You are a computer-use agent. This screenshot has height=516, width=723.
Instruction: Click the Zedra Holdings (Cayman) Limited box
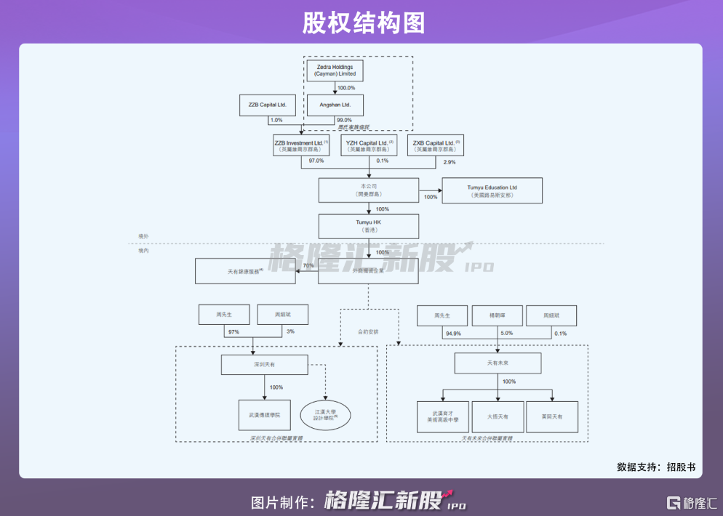coord(335,70)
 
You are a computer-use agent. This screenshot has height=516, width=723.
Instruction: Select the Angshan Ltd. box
coord(335,105)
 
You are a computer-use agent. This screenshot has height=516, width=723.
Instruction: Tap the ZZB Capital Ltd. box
coord(267,105)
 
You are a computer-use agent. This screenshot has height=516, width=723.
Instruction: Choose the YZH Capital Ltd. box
coord(370,145)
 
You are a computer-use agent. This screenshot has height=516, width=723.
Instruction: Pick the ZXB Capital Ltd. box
coord(436,145)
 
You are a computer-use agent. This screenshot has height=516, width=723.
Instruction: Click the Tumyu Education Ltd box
coord(492,191)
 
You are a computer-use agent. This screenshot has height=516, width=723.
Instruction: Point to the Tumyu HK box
coord(369,225)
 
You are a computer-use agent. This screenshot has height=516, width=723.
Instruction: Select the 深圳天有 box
coord(265,365)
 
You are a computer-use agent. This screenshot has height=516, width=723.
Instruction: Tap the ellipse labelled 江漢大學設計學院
coord(326,415)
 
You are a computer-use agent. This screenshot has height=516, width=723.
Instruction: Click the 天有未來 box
coord(498,363)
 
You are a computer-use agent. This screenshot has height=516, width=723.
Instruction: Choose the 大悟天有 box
coord(498,416)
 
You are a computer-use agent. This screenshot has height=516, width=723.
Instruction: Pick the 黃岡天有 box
coord(552,416)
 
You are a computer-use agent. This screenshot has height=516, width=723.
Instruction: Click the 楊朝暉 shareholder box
coord(498,315)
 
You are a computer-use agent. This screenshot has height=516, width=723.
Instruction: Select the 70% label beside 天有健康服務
coord(308,266)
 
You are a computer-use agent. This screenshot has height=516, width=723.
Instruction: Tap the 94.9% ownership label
coord(452,334)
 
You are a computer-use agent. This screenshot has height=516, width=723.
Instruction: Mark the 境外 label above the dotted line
coord(143,237)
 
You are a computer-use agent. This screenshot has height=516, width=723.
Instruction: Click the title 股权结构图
coord(361,23)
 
